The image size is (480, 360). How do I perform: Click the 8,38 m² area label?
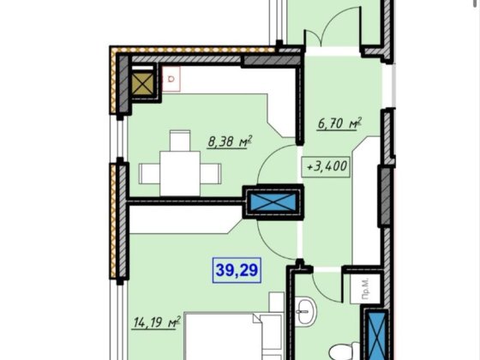coord(230,142)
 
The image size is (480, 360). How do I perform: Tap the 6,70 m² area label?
coord(339,123)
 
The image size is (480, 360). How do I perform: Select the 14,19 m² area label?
coord(156,322)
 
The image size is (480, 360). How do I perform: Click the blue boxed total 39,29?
coord(237,270)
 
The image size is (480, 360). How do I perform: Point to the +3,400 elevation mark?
coord(326,167)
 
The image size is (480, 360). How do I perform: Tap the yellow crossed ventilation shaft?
coord(142,84)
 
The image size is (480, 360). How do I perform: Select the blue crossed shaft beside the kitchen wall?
coord(273,201)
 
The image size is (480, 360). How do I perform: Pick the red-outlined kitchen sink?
coord(171,79)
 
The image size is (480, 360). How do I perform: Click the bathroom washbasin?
coord(307,312)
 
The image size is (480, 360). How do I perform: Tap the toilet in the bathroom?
coord(345,351)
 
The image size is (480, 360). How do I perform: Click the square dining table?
coord(180,173)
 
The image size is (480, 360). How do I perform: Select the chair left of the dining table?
coord(149,173)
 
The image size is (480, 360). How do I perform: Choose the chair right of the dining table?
coord(211,173)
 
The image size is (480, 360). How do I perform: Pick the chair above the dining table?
coord(180,141)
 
